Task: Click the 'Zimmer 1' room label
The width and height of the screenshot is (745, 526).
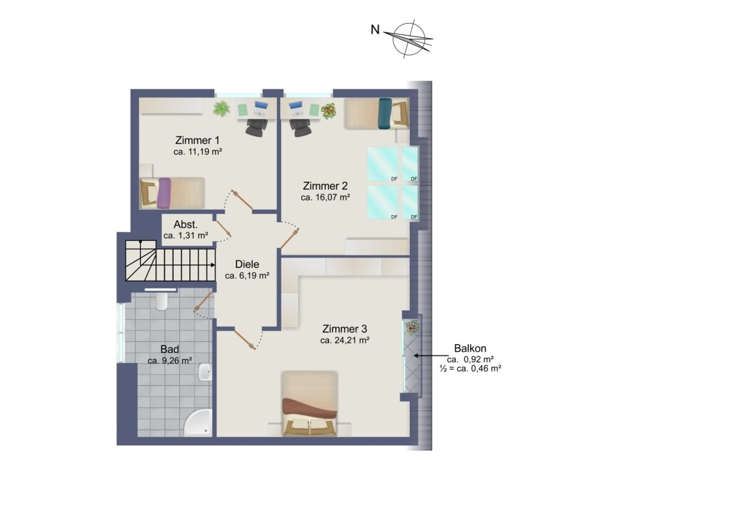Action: (197, 140)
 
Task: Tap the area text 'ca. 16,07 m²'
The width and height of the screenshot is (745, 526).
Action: (325, 197)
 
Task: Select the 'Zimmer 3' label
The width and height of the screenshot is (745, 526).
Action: (345, 329)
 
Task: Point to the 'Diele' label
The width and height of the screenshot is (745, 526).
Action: (247, 264)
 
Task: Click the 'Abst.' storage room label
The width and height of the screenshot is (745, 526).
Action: (186, 225)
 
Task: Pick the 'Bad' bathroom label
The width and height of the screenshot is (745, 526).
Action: (169, 349)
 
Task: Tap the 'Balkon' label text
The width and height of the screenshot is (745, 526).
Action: (470, 348)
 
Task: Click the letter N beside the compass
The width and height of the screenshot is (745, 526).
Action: (375, 30)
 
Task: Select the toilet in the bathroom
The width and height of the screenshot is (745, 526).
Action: (161, 301)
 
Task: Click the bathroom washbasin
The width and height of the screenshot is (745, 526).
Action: (205, 372)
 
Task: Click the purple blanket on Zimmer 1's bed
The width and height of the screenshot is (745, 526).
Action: (164, 193)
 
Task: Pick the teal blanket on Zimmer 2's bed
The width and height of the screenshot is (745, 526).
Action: (386, 113)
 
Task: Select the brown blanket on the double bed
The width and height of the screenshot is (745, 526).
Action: (310, 408)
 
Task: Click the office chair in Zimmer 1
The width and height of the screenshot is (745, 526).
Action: (256, 128)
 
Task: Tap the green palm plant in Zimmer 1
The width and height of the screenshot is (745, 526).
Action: (222, 109)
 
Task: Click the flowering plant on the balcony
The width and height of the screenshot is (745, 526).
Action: (412, 328)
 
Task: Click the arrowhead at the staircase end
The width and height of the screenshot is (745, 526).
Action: (213, 265)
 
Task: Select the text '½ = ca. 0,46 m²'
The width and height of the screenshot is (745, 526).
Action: (471, 368)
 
